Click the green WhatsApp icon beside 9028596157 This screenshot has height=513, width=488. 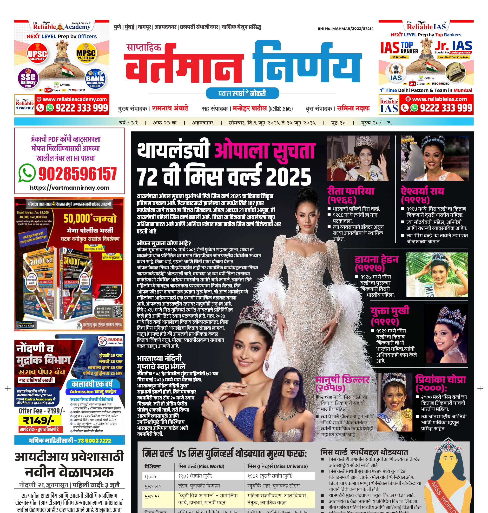[27, 173]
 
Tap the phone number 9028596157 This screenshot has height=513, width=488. [77, 174]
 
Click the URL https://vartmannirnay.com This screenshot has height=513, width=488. [69, 188]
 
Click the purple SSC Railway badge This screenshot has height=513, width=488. [28, 78]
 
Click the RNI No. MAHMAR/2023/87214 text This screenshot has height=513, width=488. [345, 29]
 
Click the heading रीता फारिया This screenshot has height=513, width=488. [350, 191]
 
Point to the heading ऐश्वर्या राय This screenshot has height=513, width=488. [422, 191]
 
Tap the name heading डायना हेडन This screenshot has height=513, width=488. [376, 260]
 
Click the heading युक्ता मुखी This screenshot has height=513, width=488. [390, 311]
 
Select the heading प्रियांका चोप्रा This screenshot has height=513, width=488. [441, 379]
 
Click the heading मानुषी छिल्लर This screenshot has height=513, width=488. [342, 379]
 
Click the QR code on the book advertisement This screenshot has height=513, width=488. [117, 311]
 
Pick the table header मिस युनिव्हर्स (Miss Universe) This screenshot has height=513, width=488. [277, 466]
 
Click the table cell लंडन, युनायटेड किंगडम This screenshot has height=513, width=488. [199, 486]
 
